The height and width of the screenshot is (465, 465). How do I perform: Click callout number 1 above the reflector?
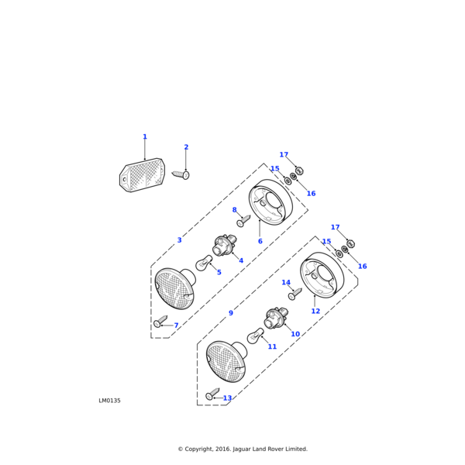tap(144, 137)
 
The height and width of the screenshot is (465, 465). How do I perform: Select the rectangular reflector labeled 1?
tap(142, 175)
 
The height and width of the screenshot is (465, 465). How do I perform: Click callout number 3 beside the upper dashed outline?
tap(179, 240)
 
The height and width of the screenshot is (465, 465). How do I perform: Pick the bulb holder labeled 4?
tap(224, 246)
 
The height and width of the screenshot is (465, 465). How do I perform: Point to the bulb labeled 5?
tap(203, 263)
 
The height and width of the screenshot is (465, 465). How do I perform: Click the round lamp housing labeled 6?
tap(270, 202)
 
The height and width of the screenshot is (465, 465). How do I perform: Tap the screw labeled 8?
tap(243, 222)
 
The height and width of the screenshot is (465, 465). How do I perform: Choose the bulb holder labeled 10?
tap(276, 318)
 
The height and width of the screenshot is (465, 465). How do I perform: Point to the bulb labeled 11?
tap(255, 336)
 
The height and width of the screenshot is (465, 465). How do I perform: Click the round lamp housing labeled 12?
tap(322, 275)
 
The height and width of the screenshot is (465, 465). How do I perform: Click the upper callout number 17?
tap(284, 155)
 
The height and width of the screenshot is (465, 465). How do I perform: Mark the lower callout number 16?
tap(362, 267)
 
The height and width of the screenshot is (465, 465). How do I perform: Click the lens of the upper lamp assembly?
tap(174, 289)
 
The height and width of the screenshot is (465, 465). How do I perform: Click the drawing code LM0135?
tap(109, 401)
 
